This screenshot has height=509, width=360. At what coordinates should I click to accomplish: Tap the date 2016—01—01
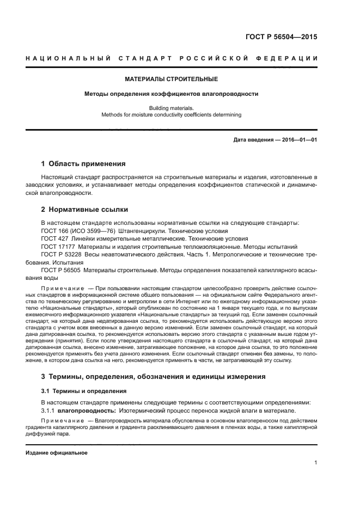299,140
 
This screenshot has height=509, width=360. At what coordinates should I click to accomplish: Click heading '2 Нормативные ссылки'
84,209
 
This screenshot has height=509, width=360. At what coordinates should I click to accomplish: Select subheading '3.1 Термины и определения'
84,391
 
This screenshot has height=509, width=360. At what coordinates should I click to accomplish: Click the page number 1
315,463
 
